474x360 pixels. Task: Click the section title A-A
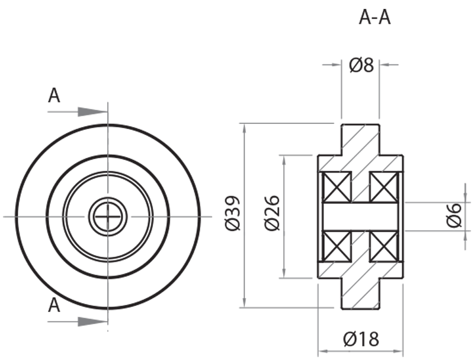(x=375, y=18)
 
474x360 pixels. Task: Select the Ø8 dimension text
(x=361, y=65)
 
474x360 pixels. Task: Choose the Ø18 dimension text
(x=361, y=339)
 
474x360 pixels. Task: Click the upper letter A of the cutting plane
(x=54, y=96)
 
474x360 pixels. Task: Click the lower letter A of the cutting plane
(x=54, y=305)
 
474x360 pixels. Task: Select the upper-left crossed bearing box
(x=337, y=186)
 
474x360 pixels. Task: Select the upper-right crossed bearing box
(x=384, y=186)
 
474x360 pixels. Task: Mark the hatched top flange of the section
(x=360, y=140)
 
